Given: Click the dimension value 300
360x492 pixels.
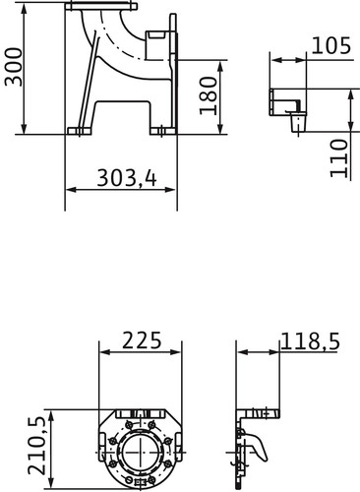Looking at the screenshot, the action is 14,67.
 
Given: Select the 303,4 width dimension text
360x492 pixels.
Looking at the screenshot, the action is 127,178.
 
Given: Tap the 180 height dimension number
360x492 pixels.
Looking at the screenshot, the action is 209,95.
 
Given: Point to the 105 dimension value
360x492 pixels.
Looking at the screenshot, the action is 331,45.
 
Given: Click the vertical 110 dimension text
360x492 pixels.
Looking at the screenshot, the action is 338,158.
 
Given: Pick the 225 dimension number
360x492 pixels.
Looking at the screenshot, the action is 142,340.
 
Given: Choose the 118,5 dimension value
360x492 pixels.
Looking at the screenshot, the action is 310,341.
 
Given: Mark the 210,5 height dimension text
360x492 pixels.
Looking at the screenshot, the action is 36,446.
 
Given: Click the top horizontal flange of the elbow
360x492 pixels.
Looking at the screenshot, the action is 101,6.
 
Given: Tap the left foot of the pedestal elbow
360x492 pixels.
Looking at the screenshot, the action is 79,131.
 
